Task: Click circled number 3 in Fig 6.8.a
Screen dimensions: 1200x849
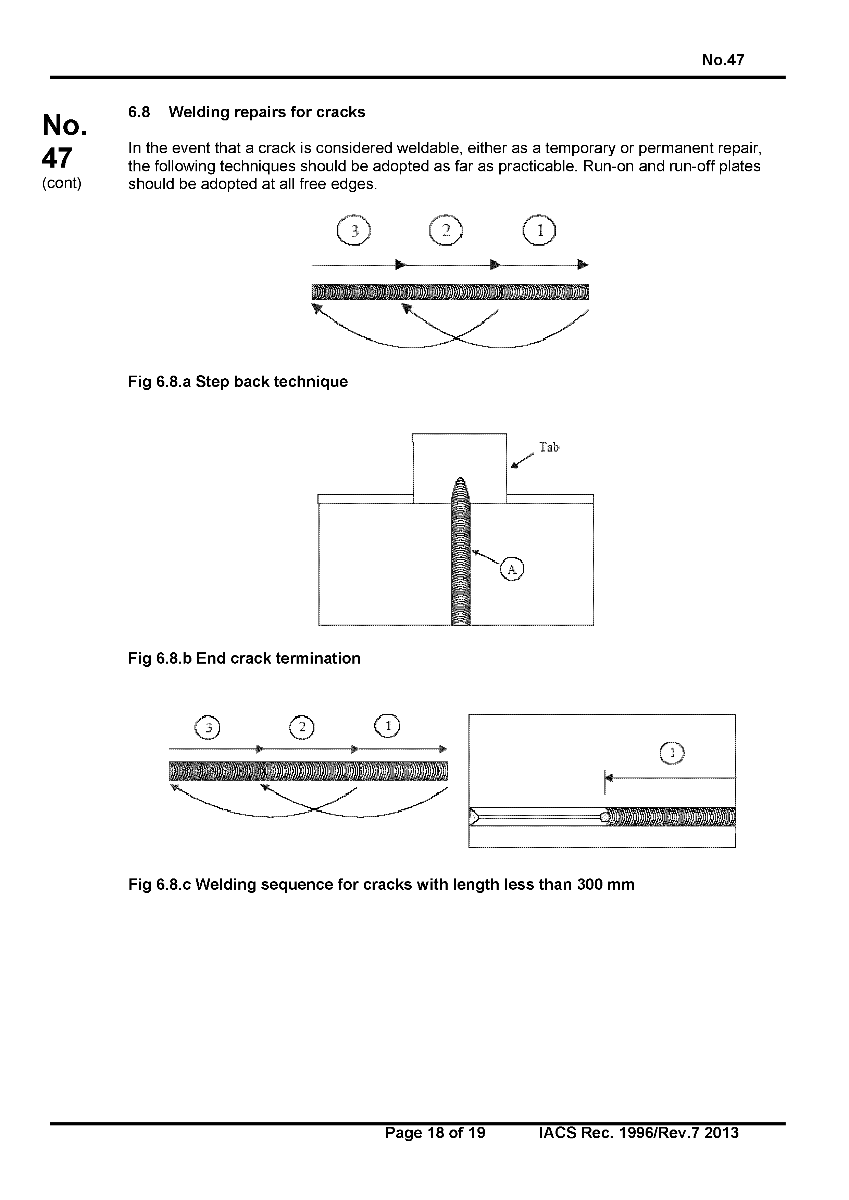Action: point(354,231)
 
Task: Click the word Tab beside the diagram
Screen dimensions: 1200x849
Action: point(549,447)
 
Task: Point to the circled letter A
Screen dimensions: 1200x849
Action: point(512,569)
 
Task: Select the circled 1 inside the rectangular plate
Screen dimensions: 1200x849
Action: point(672,753)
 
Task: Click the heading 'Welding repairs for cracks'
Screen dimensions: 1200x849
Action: point(267,112)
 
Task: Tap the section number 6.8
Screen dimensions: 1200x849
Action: point(139,112)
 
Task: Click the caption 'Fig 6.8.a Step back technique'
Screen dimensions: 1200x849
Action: point(238,381)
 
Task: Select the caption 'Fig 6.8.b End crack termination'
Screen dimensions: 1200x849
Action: point(244,658)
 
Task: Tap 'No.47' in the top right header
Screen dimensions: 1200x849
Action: point(723,60)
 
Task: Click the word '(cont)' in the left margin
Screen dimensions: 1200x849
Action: point(62,183)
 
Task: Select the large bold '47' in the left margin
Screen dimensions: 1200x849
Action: point(57,158)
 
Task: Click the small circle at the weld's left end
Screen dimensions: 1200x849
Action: point(605,817)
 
